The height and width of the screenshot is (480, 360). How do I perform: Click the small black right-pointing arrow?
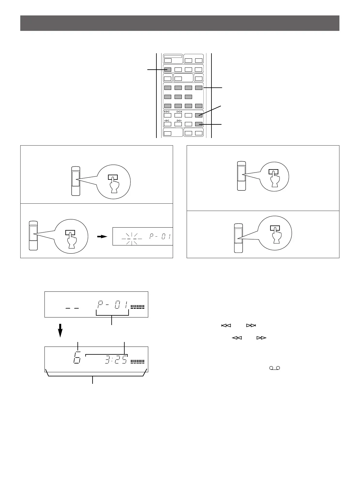104,236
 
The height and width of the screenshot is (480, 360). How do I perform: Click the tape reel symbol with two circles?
275,368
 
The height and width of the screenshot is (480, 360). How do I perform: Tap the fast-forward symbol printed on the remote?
179,120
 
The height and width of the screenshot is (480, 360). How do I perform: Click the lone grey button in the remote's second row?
168,70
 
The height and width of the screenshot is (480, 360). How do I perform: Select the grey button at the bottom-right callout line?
198,124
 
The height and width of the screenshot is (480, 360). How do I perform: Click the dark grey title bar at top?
180,23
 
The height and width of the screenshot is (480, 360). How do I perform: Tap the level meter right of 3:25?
137,361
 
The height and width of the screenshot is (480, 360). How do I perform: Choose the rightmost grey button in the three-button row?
188,97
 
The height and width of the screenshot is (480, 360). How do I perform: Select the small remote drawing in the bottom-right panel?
238,238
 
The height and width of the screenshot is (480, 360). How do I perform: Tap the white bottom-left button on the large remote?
168,133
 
